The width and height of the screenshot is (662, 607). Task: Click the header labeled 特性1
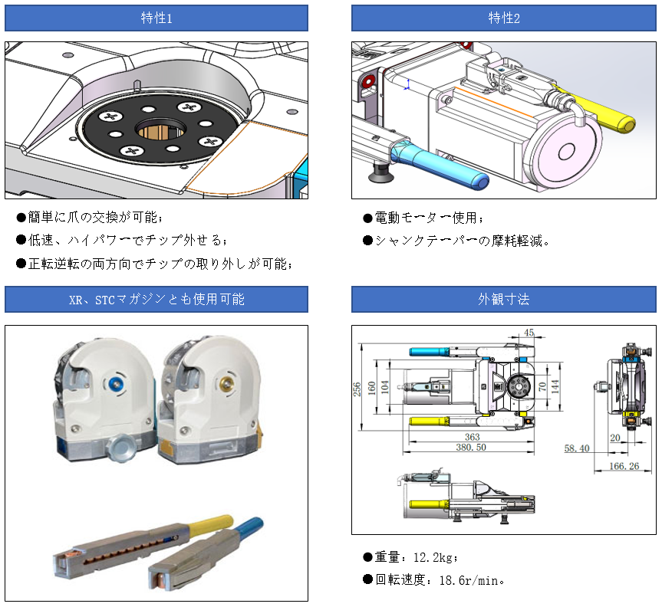(x=156, y=18)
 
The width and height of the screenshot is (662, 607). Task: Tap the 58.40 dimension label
(x=576, y=448)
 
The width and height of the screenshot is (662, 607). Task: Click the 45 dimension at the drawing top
(x=529, y=333)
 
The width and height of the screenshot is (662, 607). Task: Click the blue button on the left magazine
(x=117, y=382)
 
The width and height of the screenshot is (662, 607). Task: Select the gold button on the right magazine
(x=225, y=382)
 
